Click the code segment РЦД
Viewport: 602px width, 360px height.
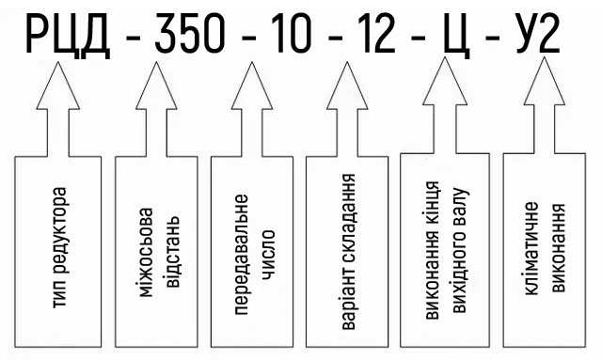coord(68,34)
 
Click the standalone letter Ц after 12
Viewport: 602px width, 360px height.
coord(457,37)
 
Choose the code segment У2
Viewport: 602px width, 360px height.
coord(537,34)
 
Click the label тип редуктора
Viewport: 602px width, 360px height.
coord(59,247)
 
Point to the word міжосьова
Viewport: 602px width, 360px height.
coord(146,252)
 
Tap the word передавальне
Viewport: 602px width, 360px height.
coord(241,255)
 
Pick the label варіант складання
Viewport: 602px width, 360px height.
coord(348,252)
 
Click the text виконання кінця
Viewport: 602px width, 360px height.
coord(432,250)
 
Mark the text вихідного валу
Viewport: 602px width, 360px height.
coord(460,250)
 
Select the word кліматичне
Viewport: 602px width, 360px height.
coord(531,249)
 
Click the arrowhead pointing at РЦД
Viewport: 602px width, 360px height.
coord(58,86)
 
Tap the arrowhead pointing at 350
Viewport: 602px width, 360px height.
coord(156,86)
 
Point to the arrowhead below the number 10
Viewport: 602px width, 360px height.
coord(252,86)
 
